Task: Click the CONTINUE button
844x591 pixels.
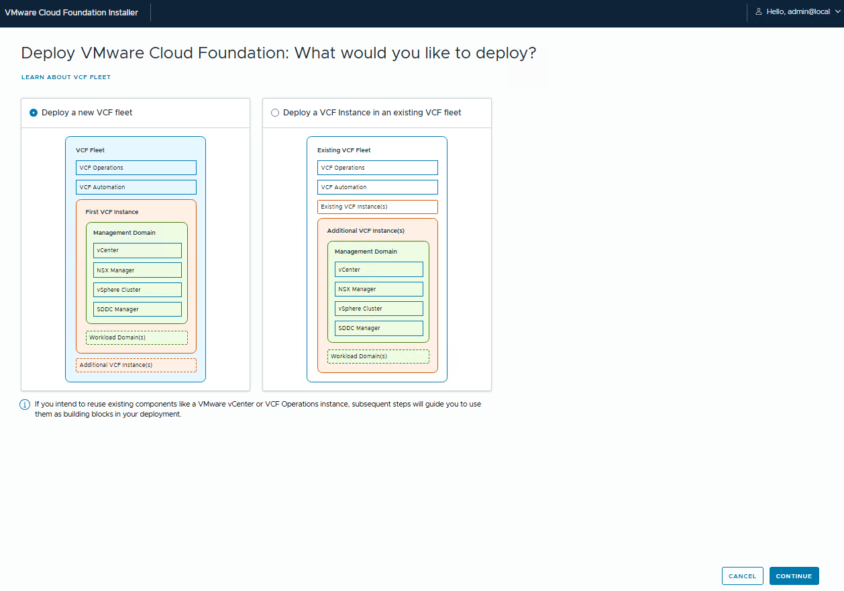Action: (794, 576)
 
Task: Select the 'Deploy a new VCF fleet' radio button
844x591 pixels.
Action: (34, 113)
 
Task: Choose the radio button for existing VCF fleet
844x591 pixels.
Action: (275, 113)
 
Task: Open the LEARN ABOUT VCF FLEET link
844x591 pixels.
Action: (66, 77)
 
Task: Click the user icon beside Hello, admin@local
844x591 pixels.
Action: (759, 11)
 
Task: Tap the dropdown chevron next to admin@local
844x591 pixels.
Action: (837, 11)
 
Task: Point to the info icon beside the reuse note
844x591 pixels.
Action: (25, 405)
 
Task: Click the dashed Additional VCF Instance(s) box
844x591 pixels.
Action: (136, 365)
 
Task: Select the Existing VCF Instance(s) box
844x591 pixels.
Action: (378, 207)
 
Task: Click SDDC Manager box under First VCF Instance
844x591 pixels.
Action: (138, 309)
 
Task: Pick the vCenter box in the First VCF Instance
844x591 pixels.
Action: (138, 250)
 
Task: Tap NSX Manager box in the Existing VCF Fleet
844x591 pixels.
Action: (379, 289)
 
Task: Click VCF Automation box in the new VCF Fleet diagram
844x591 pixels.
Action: (136, 187)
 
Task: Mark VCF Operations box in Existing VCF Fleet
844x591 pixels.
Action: (378, 168)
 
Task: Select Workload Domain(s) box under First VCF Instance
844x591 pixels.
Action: (137, 337)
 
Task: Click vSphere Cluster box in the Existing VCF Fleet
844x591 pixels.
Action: (379, 309)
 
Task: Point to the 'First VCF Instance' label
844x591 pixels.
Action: (112, 212)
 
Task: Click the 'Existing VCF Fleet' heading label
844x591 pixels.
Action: (344, 150)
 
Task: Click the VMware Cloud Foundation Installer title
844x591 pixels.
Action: (71, 13)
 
